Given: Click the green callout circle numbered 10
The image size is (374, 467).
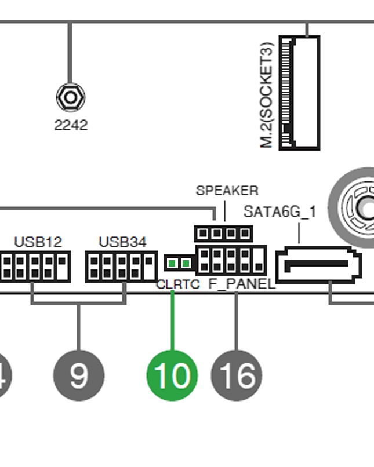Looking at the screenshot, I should pyautogui.click(x=172, y=375).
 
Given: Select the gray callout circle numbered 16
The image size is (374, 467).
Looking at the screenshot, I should pyautogui.click(x=237, y=375).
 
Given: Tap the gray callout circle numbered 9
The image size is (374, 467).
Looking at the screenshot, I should pyautogui.click(x=79, y=375).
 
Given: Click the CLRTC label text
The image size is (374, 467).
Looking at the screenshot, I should pyautogui.click(x=178, y=284).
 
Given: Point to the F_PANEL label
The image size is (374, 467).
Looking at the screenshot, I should pyautogui.click(x=242, y=284).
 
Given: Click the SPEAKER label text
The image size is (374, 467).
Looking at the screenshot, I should pyautogui.click(x=227, y=191).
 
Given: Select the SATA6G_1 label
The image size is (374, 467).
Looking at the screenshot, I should pyautogui.click(x=280, y=211).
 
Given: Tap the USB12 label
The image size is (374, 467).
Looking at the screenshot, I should pyautogui.click(x=38, y=241).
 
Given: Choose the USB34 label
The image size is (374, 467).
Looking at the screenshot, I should pyautogui.click(x=122, y=241).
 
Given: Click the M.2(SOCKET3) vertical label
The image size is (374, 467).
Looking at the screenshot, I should pyautogui.click(x=266, y=94).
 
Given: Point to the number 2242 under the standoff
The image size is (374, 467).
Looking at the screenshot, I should pyautogui.click(x=71, y=125).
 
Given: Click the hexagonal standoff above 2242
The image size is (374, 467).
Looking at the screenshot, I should pyautogui.click(x=70, y=97).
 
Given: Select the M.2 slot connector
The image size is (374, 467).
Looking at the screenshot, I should pyautogui.click(x=299, y=93).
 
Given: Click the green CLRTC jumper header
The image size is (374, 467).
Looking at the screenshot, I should pyautogui.click(x=178, y=263).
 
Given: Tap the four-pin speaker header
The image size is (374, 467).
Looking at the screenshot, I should pyautogui.click(x=223, y=234).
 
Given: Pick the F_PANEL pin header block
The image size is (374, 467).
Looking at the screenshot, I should pyautogui.click(x=231, y=260).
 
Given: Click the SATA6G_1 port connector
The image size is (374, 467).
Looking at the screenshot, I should pyautogui.click(x=318, y=265).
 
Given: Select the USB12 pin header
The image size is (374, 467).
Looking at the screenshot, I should pyautogui.click(x=35, y=266).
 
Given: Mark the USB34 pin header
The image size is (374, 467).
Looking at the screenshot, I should pyautogui.click(x=121, y=266).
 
